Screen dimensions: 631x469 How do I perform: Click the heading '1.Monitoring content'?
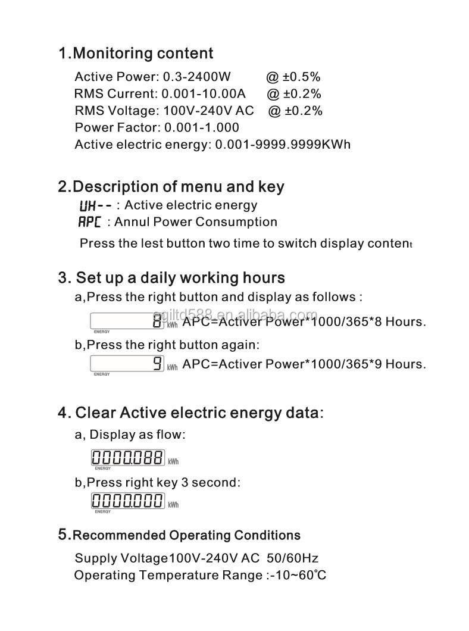click(135, 54)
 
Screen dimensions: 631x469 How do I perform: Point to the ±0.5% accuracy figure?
click(293, 77)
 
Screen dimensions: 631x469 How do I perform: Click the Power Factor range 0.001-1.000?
click(202, 127)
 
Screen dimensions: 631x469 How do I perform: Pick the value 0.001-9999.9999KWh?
click(283, 145)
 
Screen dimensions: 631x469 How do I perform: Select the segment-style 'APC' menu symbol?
click(90, 223)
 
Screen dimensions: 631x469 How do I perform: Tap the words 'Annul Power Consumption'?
click(196, 222)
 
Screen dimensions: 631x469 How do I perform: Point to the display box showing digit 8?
click(127, 321)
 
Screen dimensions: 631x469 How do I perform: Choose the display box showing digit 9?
click(127, 363)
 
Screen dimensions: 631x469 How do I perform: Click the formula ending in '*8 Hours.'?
click(304, 322)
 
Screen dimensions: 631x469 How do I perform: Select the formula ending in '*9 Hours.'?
click(304, 364)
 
